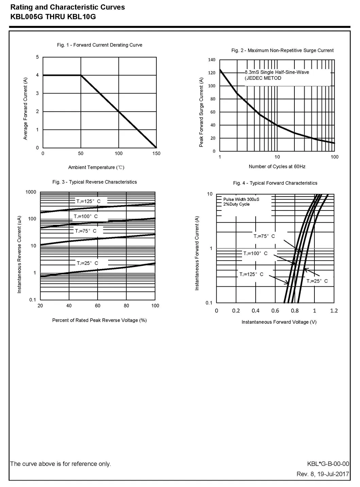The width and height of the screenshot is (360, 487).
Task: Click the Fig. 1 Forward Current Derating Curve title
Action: pos(100,45)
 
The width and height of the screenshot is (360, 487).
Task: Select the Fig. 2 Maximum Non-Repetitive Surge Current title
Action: pos(282,50)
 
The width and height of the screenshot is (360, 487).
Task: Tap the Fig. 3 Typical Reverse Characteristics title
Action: pos(95,182)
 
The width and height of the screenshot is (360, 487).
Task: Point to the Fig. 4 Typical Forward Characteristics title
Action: pos(275,183)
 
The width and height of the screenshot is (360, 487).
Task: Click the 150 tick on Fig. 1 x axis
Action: pos(156,153)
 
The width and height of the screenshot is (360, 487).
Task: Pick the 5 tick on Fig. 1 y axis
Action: pos(37,57)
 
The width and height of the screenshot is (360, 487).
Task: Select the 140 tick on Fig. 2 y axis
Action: pos(211,60)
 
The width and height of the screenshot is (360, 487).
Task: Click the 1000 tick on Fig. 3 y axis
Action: pos(31,192)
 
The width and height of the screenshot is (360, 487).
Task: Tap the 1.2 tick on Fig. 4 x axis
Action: pos(334,310)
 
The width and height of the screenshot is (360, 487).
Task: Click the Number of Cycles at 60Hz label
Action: pos(277,166)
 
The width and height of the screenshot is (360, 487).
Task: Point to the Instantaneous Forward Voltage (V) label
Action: pos(279,322)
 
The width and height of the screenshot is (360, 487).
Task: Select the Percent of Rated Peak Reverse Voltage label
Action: pos(99,320)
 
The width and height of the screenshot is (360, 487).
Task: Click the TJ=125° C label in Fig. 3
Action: pos(88,201)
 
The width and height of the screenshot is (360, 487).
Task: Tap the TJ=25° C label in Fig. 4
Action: pos(317,281)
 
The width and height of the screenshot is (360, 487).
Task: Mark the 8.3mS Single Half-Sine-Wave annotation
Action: pos(277,72)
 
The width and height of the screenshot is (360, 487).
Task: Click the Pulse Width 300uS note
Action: pos(241,199)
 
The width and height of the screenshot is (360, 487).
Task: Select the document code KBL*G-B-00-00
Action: pos(328,464)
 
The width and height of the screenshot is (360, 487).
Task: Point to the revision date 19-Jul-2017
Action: pos(333,474)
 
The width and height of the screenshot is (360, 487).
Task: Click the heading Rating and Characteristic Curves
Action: pos(68,7)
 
